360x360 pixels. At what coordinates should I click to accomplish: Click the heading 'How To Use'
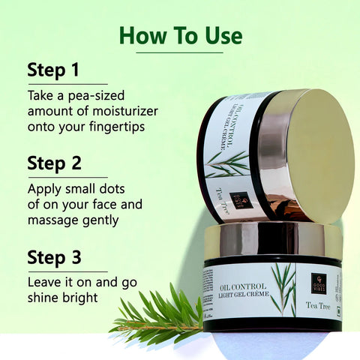tap(181, 35)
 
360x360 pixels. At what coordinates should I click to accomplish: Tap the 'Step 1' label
tap(53, 70)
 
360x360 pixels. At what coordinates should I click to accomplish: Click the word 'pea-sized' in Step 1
tap(89, 97)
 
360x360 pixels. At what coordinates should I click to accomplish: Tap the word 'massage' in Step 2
tap(56, 220)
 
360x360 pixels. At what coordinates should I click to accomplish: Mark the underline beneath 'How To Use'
tap(181, 52)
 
